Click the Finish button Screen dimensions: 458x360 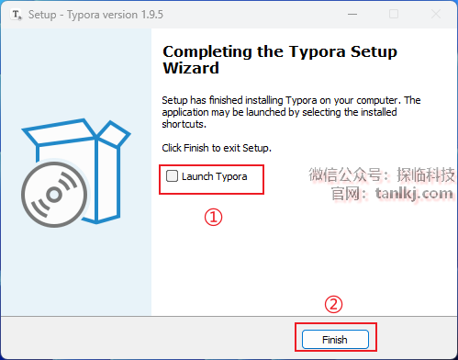335,339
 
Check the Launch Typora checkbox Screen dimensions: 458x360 172,176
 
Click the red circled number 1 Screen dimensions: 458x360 213,217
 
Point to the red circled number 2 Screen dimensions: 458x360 333,304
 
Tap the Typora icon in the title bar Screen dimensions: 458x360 17,15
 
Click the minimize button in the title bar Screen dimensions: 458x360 352,14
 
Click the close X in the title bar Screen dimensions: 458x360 436,14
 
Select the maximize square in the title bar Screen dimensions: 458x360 394,14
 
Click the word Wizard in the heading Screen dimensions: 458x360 191,68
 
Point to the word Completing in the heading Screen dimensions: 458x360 208,52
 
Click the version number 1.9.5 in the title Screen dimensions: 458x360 152,15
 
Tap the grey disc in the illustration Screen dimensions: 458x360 54,195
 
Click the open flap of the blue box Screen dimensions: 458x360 114,133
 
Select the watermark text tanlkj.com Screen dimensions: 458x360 414,194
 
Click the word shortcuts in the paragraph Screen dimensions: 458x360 184,124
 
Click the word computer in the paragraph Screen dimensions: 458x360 378,100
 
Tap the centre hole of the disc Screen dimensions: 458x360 54,195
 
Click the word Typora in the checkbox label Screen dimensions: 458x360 231,177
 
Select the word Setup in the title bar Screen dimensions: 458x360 42,15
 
